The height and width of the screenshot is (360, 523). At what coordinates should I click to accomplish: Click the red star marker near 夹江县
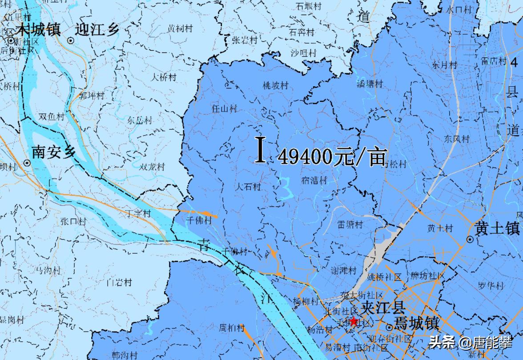pos(354,321)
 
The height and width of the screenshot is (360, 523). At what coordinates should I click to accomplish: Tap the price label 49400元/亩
pos(332,157)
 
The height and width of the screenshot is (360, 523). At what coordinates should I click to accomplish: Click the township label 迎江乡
pos(97,30)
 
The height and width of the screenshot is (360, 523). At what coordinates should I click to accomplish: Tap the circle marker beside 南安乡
pos(27,163)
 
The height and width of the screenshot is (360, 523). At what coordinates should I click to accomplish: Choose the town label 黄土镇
pos(497,229)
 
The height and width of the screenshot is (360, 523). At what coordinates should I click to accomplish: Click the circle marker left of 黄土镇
pos(470,240)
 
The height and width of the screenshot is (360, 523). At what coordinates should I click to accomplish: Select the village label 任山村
pos(224,108)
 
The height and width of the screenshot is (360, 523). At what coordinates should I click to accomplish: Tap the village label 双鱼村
pos(51,117)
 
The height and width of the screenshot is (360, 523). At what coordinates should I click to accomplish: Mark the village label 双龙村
pos(152,167)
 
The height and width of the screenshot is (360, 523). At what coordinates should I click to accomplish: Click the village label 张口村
pos(72,221)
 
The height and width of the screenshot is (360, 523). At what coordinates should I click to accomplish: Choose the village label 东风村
pos(457,139)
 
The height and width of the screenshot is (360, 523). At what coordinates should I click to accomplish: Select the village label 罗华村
pos(490,285)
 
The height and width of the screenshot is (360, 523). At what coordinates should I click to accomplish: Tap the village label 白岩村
pos(120,282)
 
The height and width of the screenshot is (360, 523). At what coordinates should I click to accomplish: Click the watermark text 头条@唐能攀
pos(471,343)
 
